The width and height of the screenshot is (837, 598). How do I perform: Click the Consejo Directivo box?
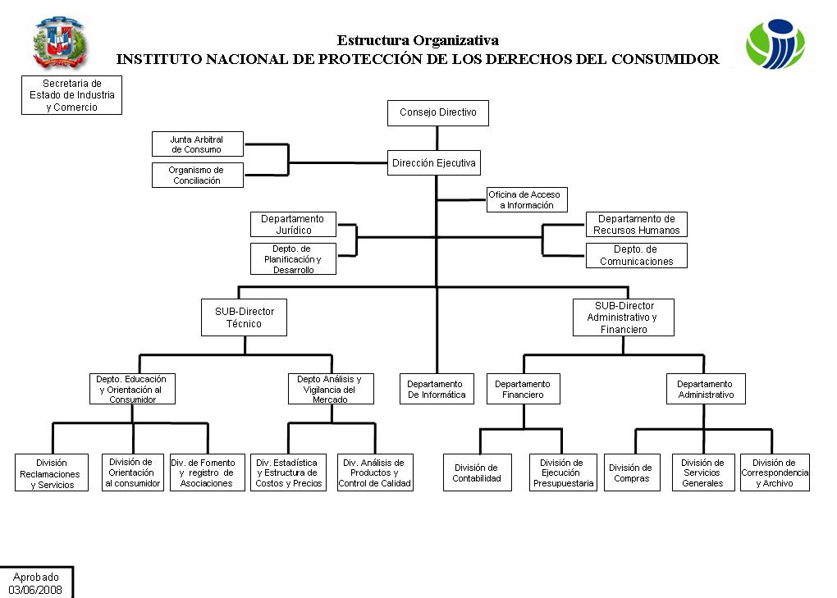(437, 113)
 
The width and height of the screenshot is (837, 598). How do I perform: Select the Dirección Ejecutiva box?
(434, 162)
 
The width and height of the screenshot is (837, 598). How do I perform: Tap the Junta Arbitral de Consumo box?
(198, 144)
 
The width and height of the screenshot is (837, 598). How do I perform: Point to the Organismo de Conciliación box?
(198, 175)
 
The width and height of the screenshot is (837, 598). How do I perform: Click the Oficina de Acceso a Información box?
(527, 199)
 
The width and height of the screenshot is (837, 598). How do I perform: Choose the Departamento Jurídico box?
(293, 224)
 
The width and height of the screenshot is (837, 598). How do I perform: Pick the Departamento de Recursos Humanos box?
(636, 224)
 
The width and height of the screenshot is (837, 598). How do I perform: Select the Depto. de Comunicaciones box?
(636, 255)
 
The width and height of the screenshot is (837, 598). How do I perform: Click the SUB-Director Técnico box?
(244, 317)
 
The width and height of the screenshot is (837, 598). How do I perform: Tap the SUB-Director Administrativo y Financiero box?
(624, 317)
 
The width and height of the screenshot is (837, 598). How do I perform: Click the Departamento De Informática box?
(437, 389)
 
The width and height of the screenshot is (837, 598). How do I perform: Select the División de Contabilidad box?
(478, 472)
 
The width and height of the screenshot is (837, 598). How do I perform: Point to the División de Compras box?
(632, 472)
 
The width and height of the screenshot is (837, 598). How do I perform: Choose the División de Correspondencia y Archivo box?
(775, 472)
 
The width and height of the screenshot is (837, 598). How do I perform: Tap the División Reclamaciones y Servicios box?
(52, 472)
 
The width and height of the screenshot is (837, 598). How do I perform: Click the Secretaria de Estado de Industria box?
(71, 95)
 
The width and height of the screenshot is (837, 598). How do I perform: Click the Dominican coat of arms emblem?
(60, 43)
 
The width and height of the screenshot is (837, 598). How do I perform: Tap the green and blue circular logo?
(775, 44)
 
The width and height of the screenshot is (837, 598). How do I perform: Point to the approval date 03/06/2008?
(35, 590)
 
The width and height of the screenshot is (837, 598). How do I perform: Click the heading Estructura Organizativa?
(418, 40)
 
